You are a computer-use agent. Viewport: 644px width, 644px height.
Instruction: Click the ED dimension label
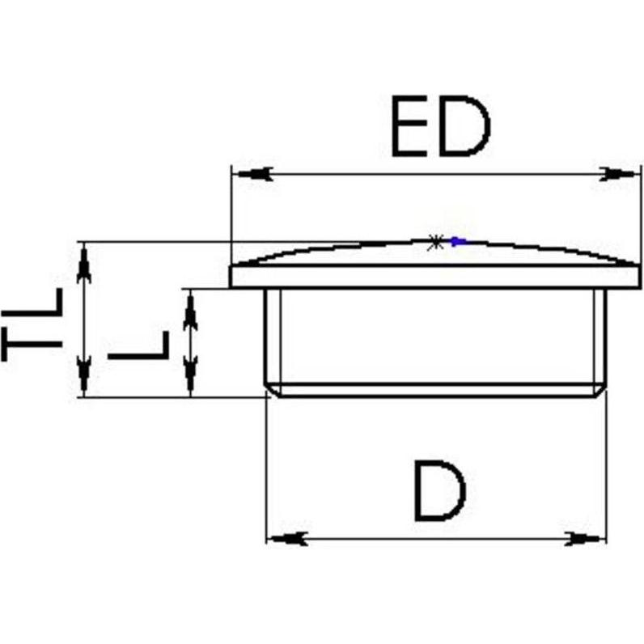coord(441,126)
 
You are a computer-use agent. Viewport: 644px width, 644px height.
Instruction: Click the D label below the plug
coord(440,491)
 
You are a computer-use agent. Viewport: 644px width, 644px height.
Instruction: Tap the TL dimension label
coord(32,324)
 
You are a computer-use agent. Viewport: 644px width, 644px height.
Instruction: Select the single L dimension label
coord(138,345)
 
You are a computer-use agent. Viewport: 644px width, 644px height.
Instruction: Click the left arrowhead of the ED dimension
coord(255,174)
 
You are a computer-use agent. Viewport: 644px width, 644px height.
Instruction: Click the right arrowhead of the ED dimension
coord(616,174)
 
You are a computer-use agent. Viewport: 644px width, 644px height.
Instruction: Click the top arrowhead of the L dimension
coord(190,312)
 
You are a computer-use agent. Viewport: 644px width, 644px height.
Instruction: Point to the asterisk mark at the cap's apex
coord(435,243)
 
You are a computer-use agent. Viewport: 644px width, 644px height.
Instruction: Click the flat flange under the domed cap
coord(435,277)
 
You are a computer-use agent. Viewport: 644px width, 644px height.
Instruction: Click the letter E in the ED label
coord(410,126)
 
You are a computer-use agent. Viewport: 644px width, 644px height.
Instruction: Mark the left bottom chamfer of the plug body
coord(273,390)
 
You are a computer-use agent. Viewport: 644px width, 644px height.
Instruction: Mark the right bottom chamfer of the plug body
coord(599,390)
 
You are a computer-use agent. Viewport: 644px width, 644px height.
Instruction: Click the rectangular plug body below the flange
coord(435,342)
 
